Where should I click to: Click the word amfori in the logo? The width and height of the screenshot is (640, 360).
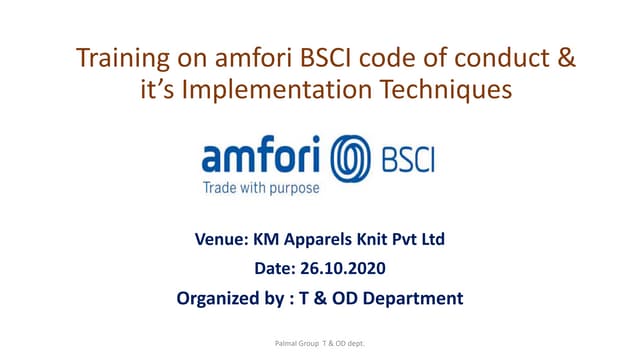(x=262, y=160)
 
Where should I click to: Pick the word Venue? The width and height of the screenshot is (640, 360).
(x=223, y=239)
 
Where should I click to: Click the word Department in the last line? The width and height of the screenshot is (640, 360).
(x=414, y=297)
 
